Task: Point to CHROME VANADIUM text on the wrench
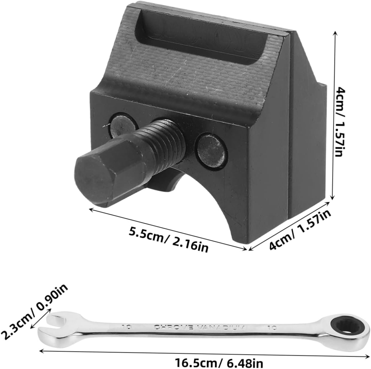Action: pyautogui.click(x=199, y=327)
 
